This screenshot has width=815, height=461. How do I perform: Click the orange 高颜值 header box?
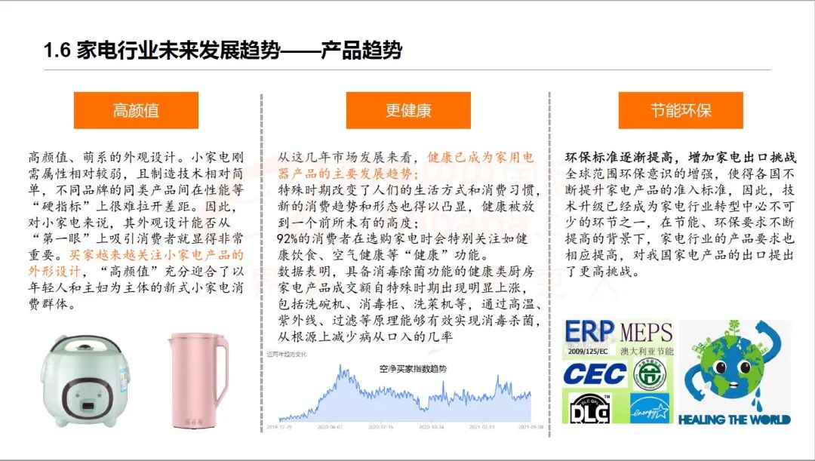136,111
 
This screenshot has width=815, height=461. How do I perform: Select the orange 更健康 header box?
408,111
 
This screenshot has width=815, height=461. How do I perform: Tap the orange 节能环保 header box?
681,111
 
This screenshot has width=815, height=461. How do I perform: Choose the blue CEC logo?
595,373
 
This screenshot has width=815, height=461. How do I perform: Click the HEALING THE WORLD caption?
734,420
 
